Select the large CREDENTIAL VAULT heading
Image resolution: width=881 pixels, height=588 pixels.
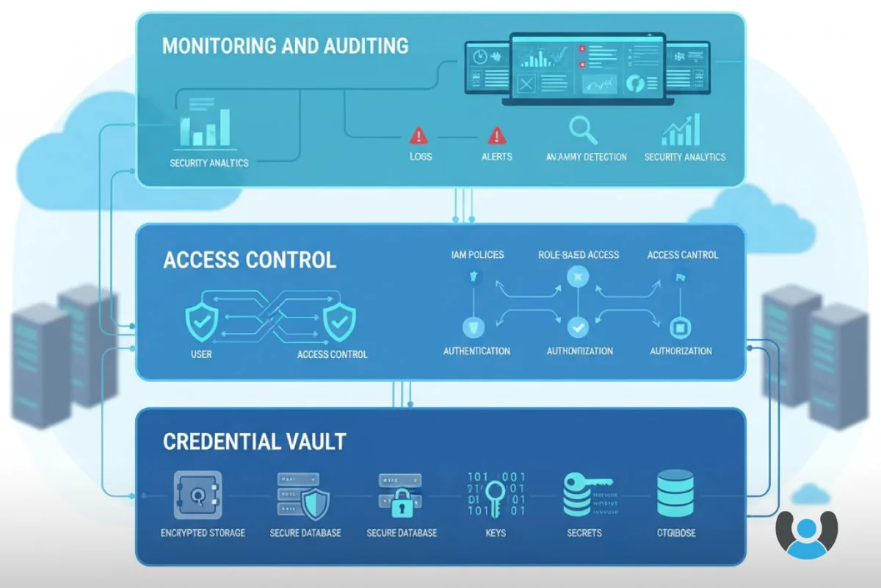[x=254, y=442]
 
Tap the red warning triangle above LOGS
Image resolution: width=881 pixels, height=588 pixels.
[x=418, y=135]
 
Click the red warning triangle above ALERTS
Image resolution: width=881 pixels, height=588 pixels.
[x=497, y=135]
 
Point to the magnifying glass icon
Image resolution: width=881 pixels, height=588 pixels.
[x=584, y=130]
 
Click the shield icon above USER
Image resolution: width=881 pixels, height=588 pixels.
[x=200, y=321]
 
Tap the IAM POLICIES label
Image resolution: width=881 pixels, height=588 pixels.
[x=477, y=255]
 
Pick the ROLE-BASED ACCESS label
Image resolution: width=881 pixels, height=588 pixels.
[x=579, y=255]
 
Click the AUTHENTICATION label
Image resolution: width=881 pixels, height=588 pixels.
[x=476, y=351]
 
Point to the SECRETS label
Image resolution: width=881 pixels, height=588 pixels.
[x=584, y=533]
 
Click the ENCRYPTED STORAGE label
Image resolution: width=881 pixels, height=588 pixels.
[x=203, y=533]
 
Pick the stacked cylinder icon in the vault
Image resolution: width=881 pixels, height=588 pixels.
[x=675, y=493]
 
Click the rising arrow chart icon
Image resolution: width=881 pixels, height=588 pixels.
[x=681, y=130]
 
